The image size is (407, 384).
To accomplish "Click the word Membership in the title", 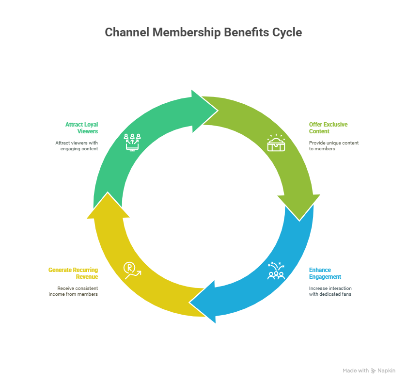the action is point(187,33).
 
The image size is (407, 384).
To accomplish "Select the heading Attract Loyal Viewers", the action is point(81,128).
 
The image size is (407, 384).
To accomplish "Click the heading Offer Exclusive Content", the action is point(328,128).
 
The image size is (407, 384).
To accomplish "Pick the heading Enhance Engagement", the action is point(325,273).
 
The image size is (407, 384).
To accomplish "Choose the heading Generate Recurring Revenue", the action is point(73,273).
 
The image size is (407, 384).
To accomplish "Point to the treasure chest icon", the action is point(276,143).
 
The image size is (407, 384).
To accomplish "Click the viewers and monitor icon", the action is point(132,143).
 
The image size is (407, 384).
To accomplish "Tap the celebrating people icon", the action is point(276,271).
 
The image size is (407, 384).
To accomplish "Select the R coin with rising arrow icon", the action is point(132,271).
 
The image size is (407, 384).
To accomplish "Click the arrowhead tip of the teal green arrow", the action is point(218,111).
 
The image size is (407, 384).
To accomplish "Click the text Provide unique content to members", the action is point(334,146).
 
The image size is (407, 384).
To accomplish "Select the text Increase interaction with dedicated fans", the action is point(330,291).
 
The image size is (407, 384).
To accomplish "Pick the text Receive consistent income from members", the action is point(73,291).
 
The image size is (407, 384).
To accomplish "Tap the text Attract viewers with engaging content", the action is point(77,146).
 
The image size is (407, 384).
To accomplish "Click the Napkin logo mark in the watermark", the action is point(373,371).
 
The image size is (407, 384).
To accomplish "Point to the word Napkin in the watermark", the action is point(387,371).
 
